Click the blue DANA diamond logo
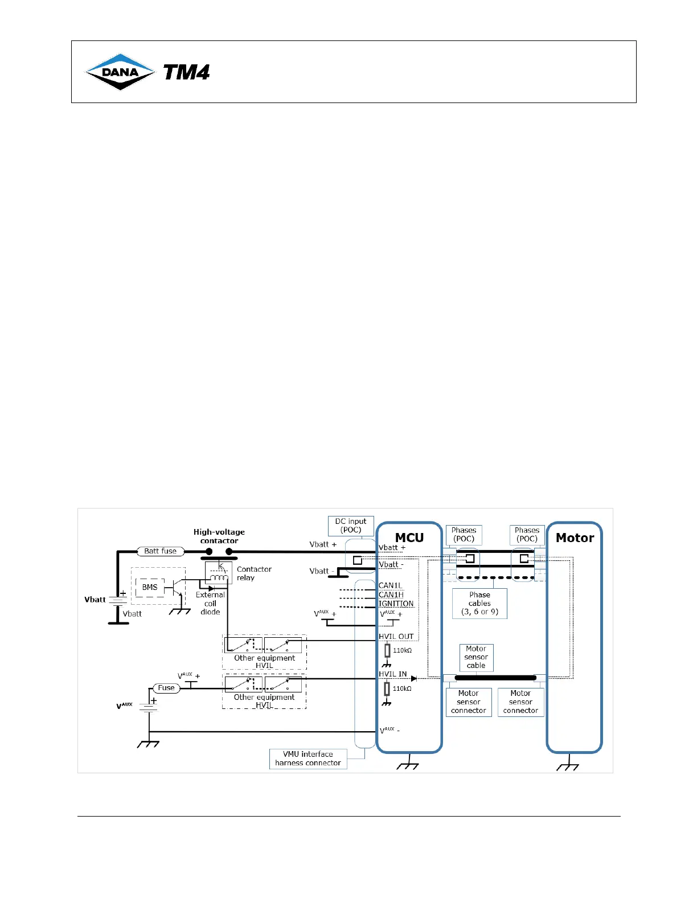(120, 72)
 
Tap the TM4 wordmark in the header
(187, 72)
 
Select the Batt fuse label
(160, 551)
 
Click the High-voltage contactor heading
(219, 536)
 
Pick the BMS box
(150, 587)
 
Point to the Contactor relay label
(254, 573)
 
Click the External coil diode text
(210, 603)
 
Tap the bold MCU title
(409, 538)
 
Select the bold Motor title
(575, 538)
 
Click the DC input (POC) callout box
(351, 526)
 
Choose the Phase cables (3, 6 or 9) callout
(479, 603)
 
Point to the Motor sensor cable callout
(476, 657)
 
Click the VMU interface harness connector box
(308, 758)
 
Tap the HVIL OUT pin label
(396, 637)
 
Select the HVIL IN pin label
(393, 674)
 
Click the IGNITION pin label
(396, 604)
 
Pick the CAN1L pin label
(391, 585)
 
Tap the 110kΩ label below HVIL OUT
(402, 650)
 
